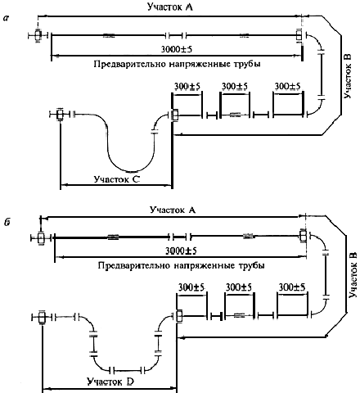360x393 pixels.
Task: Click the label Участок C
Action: [117, 179]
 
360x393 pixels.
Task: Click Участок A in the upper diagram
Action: [170, 7]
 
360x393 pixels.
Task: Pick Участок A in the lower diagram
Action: [173, 210]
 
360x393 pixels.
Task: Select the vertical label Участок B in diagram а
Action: [348, 76]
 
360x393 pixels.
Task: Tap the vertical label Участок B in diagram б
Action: [353, 275]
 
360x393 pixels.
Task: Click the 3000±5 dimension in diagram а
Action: [177, 49]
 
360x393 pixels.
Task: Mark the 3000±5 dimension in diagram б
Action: [181, 251]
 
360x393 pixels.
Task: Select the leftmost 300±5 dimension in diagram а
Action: [187, 87]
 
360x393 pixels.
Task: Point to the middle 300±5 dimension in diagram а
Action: [235, 86]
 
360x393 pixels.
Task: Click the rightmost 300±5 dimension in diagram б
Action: [292, 287]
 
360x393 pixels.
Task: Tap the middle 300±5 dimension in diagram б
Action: [239, 287]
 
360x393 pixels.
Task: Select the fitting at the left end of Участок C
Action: [60, 115]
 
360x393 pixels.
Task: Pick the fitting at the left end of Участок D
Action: [42, 317]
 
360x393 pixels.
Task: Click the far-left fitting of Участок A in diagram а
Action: [38, 35]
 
